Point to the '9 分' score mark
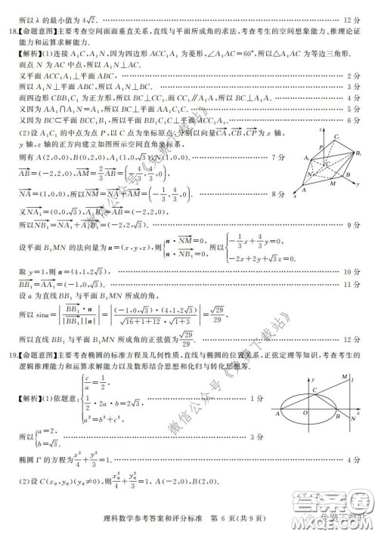click(x=355, y=225)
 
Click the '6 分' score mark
click(x=355, y=120)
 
